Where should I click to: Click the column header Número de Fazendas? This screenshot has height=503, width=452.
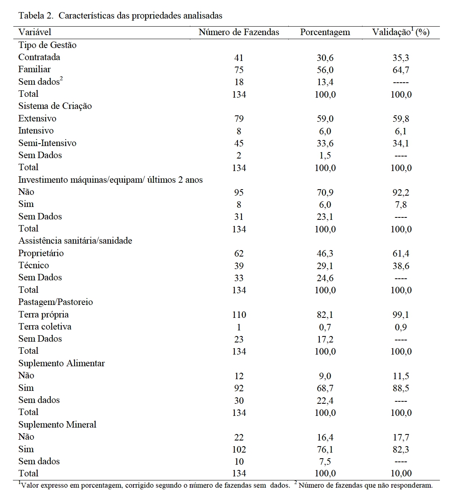tap(239, 32)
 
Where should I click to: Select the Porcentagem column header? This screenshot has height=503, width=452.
tap(325, 32)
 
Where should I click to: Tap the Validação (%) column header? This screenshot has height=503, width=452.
tap(400, 32)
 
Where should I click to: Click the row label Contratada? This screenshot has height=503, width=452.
tap(39, 57)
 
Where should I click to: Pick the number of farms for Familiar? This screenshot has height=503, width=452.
tap(239, 70)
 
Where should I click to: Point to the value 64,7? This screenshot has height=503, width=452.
tap(401, 70)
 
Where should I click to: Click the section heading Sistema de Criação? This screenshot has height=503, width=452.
tap(55, 106)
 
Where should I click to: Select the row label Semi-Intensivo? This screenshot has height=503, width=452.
tap(47, 143)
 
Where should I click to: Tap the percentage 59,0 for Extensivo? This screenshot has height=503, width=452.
tap(325, 119)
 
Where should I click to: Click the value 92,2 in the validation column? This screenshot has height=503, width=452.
tap(401, 192)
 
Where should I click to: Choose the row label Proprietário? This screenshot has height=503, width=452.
tap(41, 253)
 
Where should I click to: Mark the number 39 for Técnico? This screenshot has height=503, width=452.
tap(239, 266)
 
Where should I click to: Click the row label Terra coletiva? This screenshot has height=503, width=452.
tap(45, 327)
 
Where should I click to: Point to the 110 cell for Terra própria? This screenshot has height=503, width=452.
tap(239, 315)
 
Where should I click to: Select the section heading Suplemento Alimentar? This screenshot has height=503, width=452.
tap(61, 363)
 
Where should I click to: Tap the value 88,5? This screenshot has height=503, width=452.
tap(401, 388)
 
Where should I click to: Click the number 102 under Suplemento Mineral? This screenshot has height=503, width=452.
tap(239, 449)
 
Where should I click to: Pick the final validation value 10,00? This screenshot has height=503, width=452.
tap(401, 474)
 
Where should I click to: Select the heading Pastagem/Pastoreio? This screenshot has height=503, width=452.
tap(56, 302)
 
